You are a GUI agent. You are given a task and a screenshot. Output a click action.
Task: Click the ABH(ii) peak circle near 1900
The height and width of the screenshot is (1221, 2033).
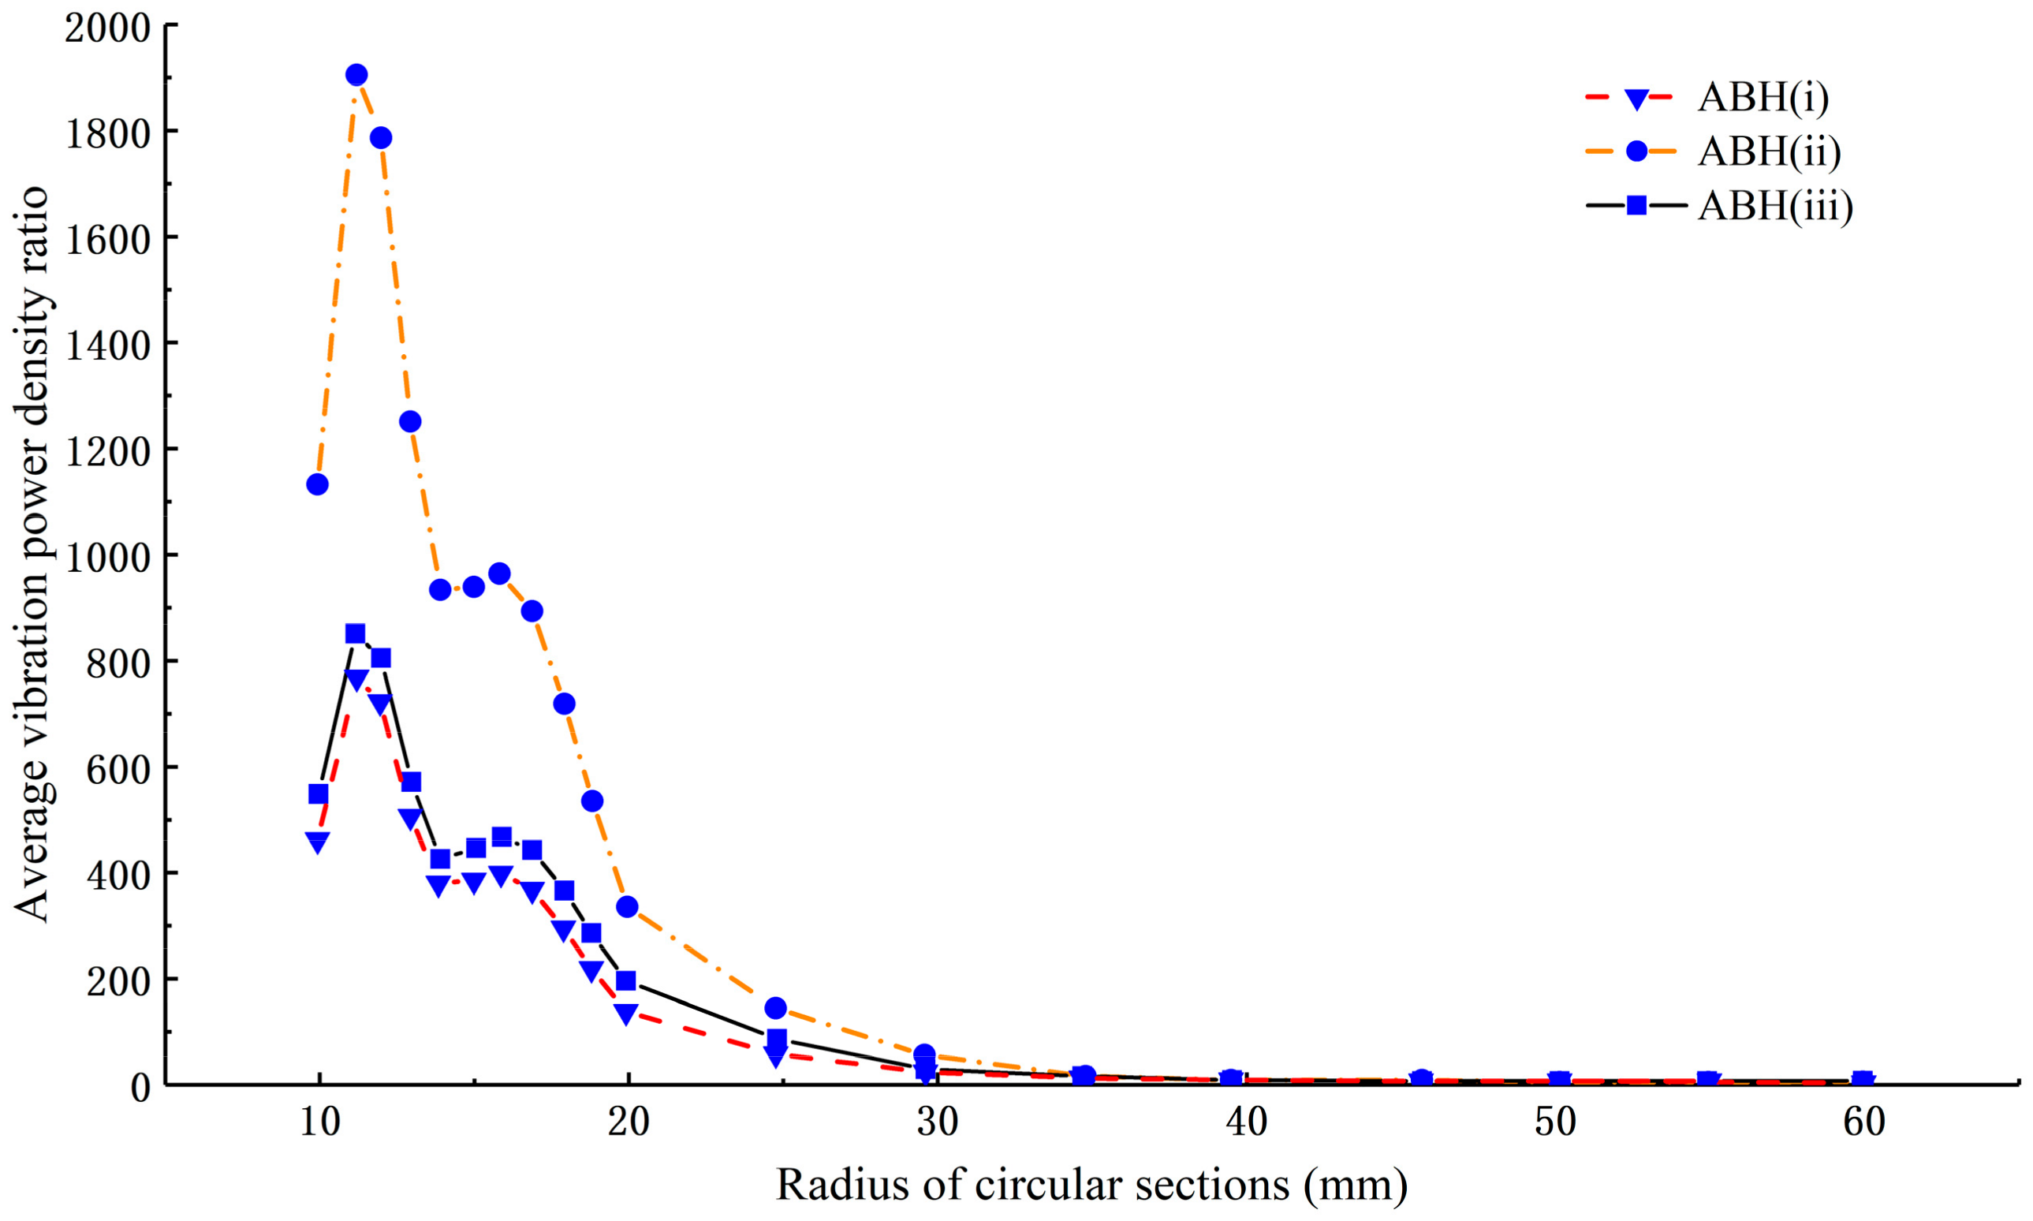pos(356,75)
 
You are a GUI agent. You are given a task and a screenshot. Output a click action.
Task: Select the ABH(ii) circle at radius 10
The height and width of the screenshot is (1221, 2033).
pos(318,484)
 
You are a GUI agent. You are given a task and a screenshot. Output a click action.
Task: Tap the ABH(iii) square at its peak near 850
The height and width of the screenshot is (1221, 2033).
pos(356,633)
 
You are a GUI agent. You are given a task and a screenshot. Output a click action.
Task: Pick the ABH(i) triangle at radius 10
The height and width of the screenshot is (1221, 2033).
pos(318,841)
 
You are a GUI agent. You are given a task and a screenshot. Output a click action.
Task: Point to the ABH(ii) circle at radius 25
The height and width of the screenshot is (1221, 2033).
pos(775,1008)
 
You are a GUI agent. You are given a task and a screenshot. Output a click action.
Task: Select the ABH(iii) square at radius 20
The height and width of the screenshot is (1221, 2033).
pos(627,980)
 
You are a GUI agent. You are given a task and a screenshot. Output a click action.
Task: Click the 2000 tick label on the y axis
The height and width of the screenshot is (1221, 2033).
pos(108,29)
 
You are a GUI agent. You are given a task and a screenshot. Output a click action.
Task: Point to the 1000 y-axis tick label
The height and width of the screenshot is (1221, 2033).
pos(108,558)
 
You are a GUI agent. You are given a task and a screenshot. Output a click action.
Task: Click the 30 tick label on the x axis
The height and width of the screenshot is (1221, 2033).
pos(937,1122)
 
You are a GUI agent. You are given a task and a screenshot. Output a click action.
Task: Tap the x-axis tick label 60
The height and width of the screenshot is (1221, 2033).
pos(1864,1122)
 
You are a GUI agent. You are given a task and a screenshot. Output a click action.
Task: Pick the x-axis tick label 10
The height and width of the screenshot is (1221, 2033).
pos(319,1122)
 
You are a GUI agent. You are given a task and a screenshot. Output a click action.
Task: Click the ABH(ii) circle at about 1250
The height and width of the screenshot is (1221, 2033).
pos(410,421)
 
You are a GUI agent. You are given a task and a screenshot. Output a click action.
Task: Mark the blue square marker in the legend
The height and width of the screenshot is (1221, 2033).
pos(1636,205)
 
